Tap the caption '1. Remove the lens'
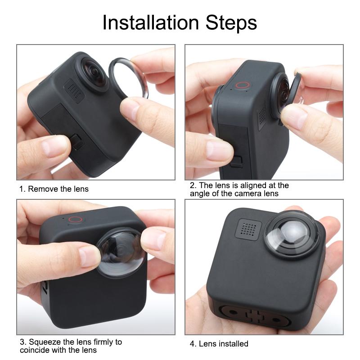pyautogui.click(x=54, y=189)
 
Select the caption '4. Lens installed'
pyautogui.click(x=219, y=344)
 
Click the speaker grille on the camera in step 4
pyautogui.click(x=246, y=229)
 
